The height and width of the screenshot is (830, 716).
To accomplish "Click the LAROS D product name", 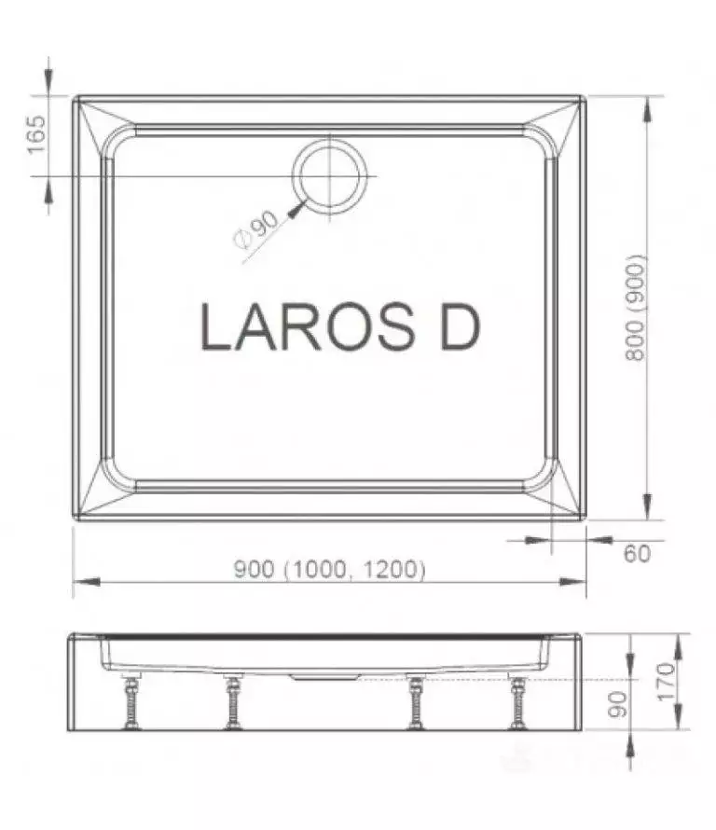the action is [340, 326].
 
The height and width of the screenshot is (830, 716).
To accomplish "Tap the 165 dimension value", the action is [37, 134].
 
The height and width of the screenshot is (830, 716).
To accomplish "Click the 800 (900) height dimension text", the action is [636, 308].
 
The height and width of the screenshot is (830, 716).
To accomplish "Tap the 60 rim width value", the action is [637, 554].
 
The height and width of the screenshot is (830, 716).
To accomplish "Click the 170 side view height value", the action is [667, 682].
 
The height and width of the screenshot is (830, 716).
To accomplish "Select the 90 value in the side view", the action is [617, 704].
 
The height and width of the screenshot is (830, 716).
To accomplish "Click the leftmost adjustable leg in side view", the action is [130, 701].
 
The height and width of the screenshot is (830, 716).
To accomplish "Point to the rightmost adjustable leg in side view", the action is [516, 701].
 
